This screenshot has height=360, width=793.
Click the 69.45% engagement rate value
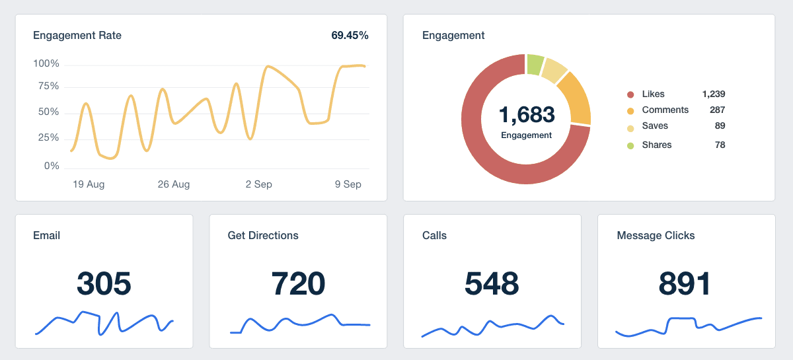[x=350, y=36]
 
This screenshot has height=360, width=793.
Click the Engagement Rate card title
[x=77, y=36]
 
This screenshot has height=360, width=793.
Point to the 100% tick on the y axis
[x=46, y=63]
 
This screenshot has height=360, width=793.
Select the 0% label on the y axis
[x=52, y=166]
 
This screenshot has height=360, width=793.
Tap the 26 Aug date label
[x=174, y=184]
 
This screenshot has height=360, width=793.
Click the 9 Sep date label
[x=348, y=184]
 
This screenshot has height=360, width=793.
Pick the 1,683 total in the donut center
[x=526, y=114]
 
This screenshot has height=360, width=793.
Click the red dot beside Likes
[x=630, y=94]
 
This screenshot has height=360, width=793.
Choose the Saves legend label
[x=655, y=126]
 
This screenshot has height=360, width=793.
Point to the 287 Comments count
[x=717, y=110]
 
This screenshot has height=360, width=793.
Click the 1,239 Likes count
[x=714, y=94]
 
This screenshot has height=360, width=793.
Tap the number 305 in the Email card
[x=104, y=283]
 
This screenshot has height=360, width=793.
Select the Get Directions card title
[x=263, y=235]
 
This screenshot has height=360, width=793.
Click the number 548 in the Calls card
[x=492, y=283]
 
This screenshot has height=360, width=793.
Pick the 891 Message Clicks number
[x=685, y=283]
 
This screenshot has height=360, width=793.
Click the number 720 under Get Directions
[x=298, y=283]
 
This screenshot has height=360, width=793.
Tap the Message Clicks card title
[x=656, y=235]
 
